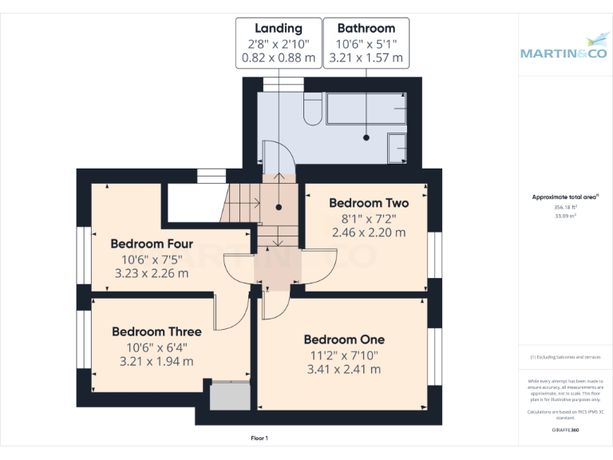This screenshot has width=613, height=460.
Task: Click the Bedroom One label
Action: (x=344, y=339)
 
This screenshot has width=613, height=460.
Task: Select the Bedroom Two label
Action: (x=369, y=203)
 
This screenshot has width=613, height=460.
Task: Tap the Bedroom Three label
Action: (x=156, y=331)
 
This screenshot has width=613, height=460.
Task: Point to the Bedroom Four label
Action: (x=152, y=244)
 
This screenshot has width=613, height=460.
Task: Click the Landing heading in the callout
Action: (x=278, y=29)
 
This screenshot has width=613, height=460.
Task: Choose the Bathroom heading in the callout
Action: (x=366, y=29)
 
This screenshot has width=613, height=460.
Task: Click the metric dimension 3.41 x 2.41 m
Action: (x=344, y=369)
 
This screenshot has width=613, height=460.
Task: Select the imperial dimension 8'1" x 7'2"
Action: (x=369, y=218)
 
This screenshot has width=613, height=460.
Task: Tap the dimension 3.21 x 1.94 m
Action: (x=156, y=361)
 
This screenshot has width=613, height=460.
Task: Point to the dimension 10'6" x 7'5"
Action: (x=152, y=259)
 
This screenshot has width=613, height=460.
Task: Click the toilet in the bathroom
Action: (x=313, y=109)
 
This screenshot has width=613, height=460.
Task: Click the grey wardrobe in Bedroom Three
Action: (x=230, y=397)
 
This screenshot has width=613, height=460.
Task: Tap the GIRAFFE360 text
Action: (x=565, y=430)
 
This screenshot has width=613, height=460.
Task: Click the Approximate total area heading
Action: (x=565, y=196)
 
